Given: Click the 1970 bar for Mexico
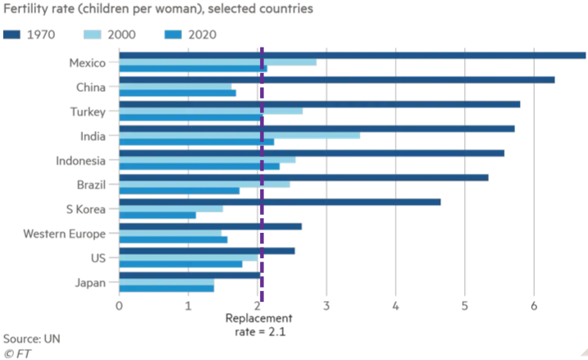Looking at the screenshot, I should pos(353,55).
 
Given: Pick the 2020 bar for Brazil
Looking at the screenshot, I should pos(180,190).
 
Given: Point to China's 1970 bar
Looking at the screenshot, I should pos(337,80).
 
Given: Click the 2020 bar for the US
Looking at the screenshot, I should pos(181,264).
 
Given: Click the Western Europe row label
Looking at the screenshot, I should pos(65,234).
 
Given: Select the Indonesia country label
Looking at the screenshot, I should pos(80,160).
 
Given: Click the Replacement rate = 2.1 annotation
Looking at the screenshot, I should pos(259,326).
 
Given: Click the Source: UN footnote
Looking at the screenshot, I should pos(31,339).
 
